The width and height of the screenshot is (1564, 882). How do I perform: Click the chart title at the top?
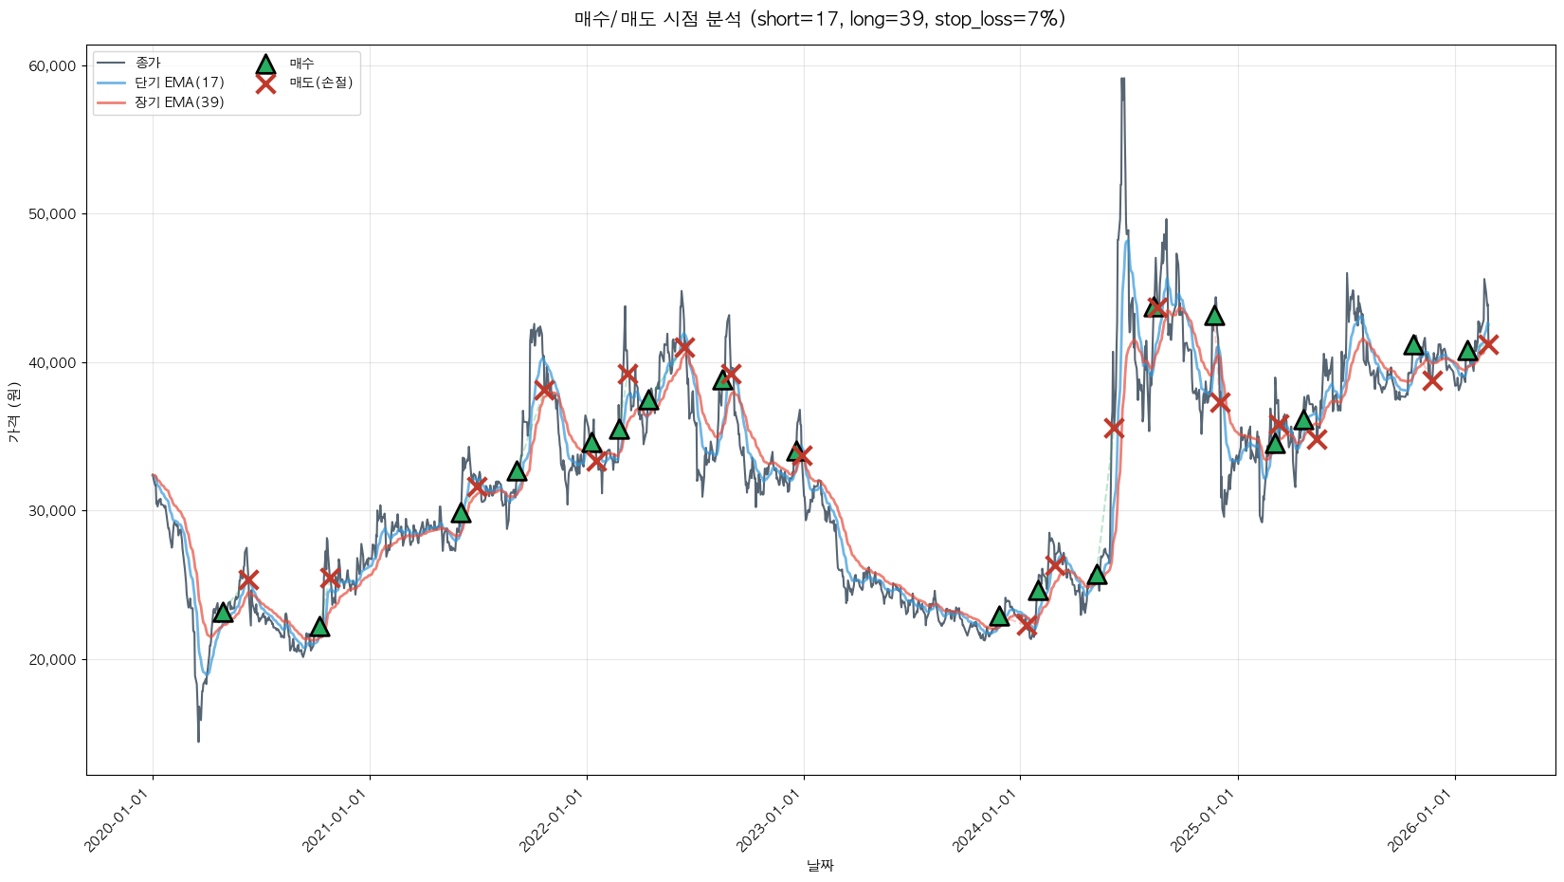tap(819, 19)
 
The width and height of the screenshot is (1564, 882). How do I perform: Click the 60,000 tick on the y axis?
tap(52, 66)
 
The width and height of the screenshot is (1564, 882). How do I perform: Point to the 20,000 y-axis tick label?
tap(52, 660)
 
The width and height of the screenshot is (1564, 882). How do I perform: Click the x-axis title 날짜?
tap(820, 865)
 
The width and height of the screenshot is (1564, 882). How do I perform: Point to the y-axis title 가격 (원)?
tap(13, 413)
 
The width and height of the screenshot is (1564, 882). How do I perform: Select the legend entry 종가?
tap(148, 63)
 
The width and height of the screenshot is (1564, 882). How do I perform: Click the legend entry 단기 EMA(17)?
tap(179, 83)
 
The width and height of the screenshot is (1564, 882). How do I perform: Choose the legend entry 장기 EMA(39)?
tap(179, 102)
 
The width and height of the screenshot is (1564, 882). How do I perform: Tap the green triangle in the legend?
tap(265, 64)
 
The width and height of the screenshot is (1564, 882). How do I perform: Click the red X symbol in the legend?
tap(265, 83)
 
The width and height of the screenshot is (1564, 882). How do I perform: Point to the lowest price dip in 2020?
tap(198, 741)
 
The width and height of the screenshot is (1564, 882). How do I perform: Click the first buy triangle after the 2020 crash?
tap(223, 613)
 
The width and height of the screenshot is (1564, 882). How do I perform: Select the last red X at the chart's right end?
tap(1488, 344)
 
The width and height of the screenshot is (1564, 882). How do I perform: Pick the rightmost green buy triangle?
tap(1467, 351)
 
